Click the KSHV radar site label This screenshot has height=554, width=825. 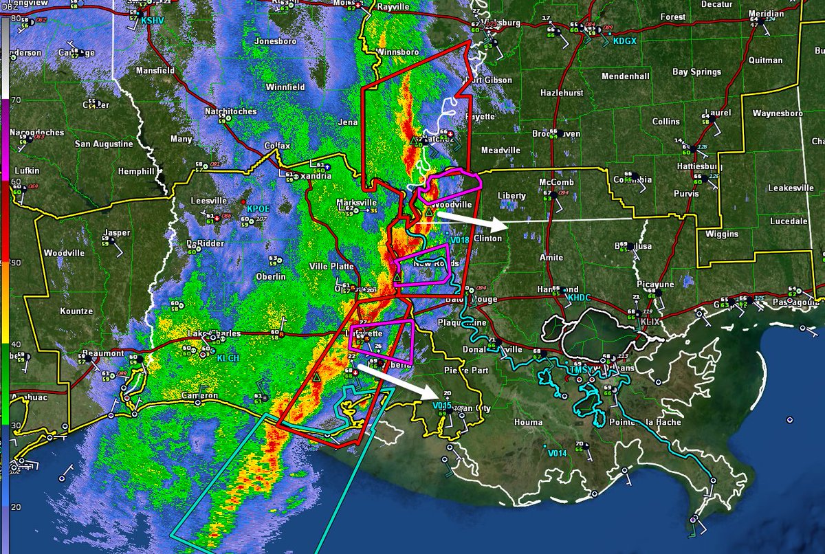(151, 21)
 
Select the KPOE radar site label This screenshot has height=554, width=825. (258, 208)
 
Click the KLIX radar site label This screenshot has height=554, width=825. (651, 321)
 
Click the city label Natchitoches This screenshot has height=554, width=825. (230, 111)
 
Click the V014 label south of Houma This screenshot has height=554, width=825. (557, 453)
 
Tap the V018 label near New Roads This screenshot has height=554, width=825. (459, 240)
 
